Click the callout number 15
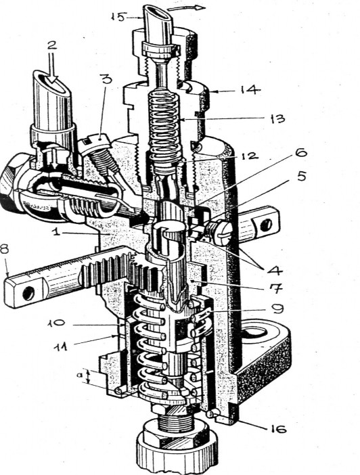tap(118, 17)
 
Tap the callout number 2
tap(52, 45)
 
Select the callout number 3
tap(106, 78)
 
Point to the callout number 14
tap(250, 90)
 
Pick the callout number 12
tap(250, 156)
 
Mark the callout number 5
tap(301, 176)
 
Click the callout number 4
tap(275, 269)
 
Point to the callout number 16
tap(277, 429)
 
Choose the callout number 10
tap(56, 323)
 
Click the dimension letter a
tap(79, 375)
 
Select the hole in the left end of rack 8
tap(28, 293)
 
